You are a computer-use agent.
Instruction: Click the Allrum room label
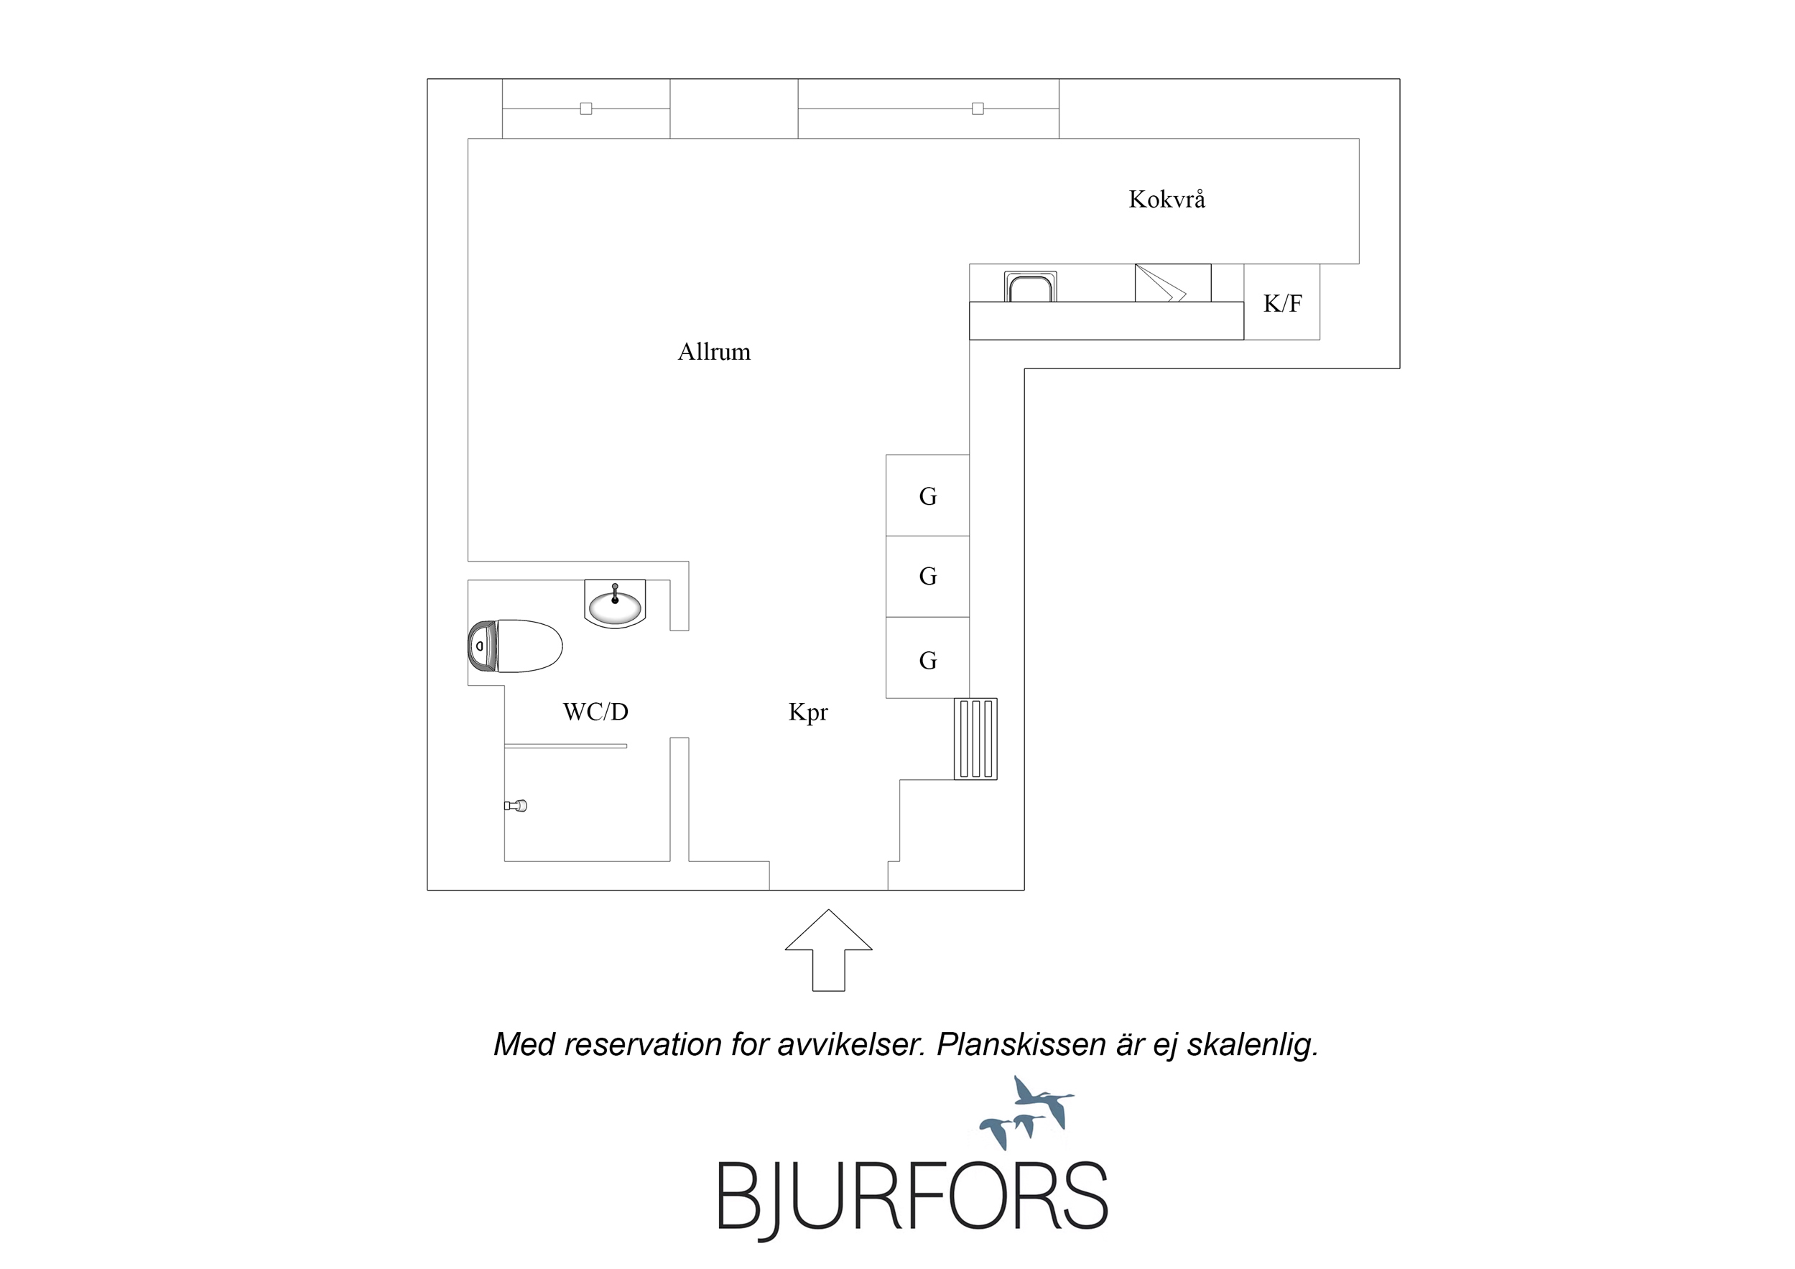714,352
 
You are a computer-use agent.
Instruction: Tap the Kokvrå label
1166,200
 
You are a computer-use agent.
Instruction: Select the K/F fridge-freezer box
1281,302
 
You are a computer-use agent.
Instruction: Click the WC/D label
595,712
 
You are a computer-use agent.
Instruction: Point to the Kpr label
807,712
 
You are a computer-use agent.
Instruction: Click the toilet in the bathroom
514,646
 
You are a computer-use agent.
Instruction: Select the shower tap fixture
516,805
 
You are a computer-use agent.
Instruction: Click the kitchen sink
1031,286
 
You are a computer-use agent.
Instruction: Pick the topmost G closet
927,495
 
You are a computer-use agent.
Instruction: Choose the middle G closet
927,576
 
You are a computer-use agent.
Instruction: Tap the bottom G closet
927,658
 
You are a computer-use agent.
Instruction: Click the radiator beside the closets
975,739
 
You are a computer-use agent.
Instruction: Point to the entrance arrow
828,950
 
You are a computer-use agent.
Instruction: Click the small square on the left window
585,108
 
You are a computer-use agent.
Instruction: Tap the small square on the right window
978,108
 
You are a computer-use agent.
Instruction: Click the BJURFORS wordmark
912,1197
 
